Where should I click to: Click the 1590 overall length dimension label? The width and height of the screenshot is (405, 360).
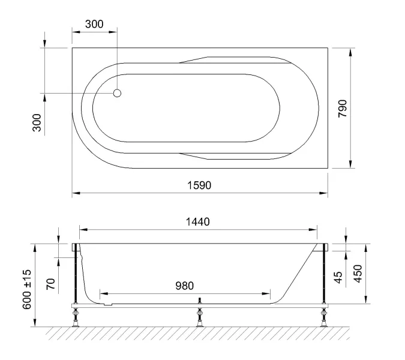coord(199,185)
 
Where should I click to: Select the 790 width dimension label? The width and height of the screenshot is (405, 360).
coord(343,109)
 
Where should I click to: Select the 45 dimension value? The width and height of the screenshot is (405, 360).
coord(338,277)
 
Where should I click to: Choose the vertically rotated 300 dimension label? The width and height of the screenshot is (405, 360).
coord(37,122)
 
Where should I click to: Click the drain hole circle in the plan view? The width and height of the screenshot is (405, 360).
coord(118,93)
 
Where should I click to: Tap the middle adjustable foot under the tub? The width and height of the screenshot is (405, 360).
coord(199,317)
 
